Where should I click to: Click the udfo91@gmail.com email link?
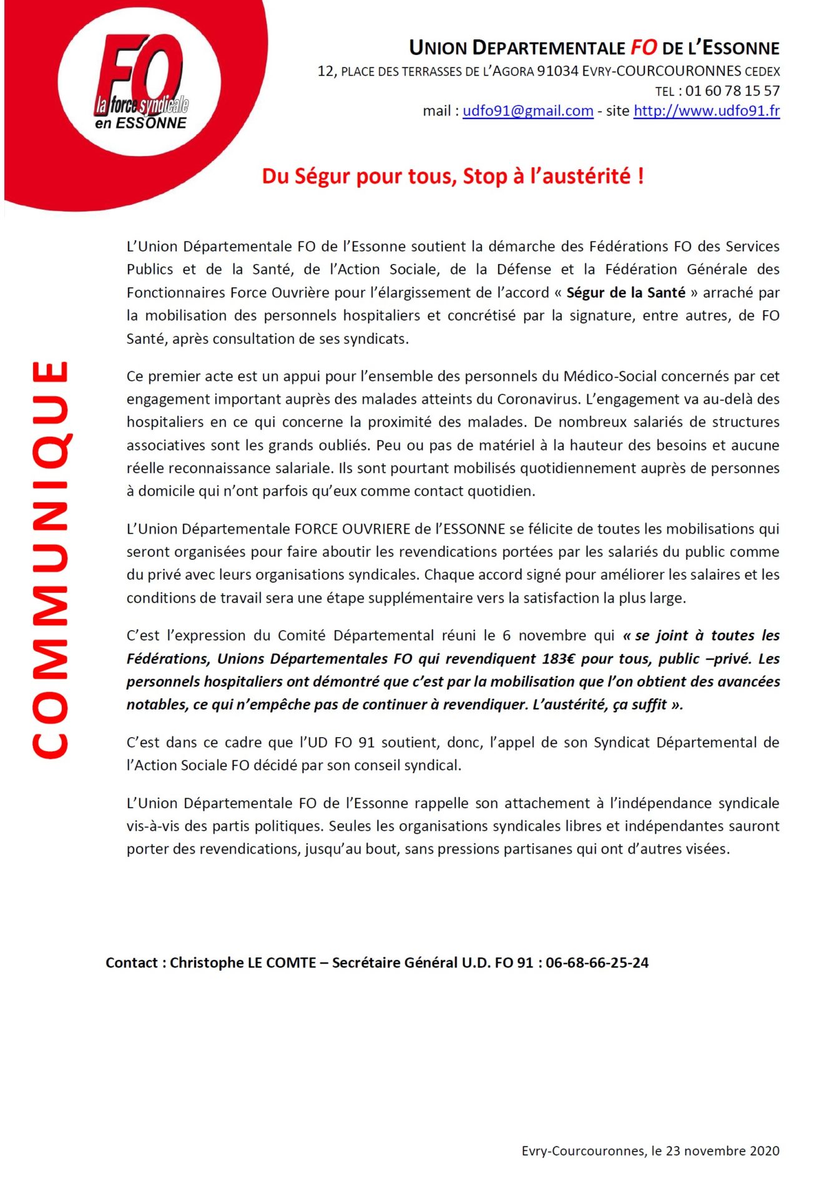(x=527, y=111)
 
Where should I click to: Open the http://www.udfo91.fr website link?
(x=706, y=111)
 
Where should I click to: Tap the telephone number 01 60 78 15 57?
(x=732, y=91)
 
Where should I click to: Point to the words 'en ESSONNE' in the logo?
(x=140, y=123)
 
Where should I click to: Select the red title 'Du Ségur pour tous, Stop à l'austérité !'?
(x=453, y=177)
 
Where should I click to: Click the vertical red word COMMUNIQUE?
(x=50, y=559)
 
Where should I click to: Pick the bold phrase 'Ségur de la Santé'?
(x=625, y=293)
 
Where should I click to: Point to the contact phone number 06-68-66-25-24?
(x=597, y=962)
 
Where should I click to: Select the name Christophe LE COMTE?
(x=243, y=962)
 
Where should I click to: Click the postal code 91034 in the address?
(x=557, y=71)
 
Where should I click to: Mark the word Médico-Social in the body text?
(x=609, y=376)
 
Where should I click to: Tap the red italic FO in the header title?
(x=644, y=47)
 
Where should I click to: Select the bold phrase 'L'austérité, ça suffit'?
(x=599, y=705)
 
